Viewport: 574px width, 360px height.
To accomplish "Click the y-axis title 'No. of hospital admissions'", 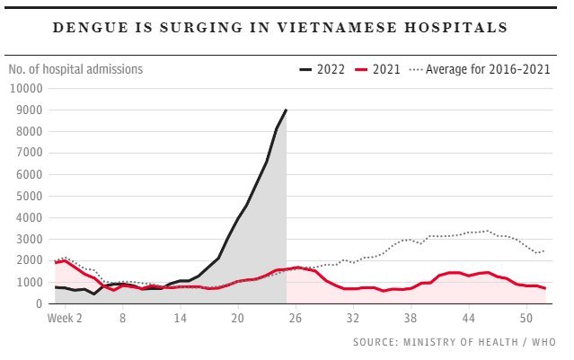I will [75, 68].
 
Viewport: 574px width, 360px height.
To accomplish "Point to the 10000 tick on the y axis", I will [25, 88].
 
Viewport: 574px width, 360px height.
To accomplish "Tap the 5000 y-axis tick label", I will [28, 196].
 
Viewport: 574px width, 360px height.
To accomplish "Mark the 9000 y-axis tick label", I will [28, 110].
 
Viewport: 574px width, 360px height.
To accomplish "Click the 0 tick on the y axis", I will [40, 303].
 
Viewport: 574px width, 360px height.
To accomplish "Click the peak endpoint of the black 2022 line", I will [286, 110].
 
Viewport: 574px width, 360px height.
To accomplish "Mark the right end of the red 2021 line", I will [544, 288].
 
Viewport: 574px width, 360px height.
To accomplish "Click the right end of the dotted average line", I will [544, 250].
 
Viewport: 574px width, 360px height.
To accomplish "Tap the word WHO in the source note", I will [543, 342].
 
